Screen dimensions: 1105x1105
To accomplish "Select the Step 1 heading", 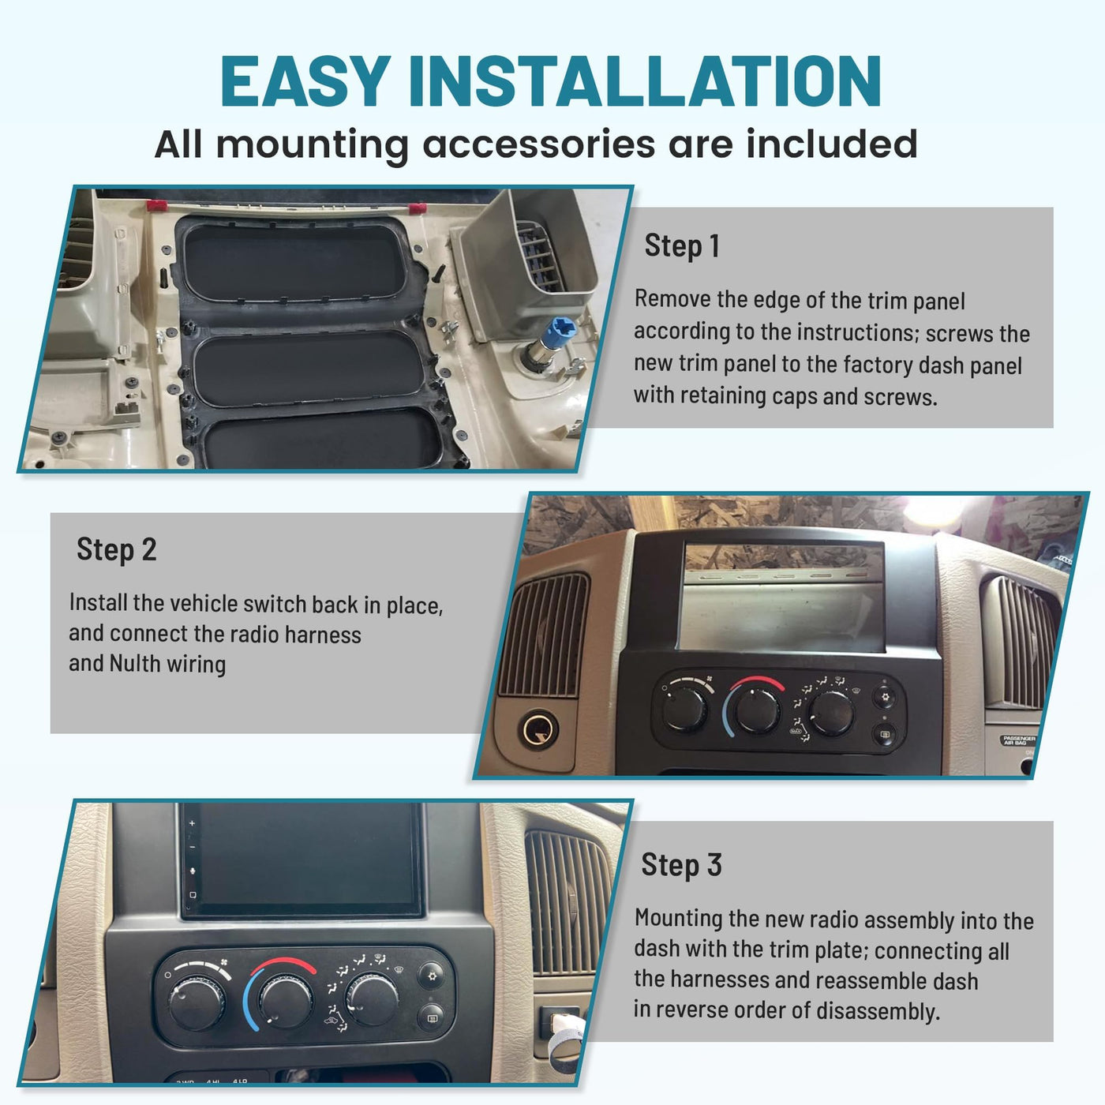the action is point(682,245).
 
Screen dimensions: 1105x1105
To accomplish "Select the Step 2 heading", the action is point(116,549).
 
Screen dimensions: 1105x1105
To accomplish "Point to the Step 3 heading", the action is point(681,864).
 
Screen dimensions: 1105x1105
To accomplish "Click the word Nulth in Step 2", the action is point(135,664).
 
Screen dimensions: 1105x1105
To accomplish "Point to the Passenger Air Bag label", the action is point(1018,740).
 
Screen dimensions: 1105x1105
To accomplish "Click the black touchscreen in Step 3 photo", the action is point(302,859).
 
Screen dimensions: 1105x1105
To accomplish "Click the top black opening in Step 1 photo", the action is point(294,261).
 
